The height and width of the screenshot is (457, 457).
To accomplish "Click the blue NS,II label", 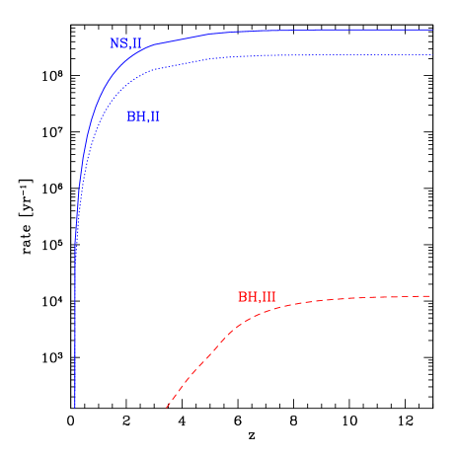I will click(x=125, y=43).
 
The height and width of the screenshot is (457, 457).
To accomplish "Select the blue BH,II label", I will click(x=142, y=116).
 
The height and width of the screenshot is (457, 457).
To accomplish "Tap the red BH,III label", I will click(x=257, y=297).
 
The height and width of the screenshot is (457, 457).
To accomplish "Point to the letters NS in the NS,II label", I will click(x=117, y=43).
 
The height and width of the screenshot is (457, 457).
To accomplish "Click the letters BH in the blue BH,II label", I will click(x=134, y=116).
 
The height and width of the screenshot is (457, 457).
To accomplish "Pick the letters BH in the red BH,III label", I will click(x=247, y=297).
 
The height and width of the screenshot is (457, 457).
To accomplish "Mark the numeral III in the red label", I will click(x=267, y=297).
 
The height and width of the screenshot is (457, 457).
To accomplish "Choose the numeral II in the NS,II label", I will click(x=136, y=43).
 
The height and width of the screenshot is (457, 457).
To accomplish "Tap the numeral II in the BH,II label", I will click(x=154, y=116).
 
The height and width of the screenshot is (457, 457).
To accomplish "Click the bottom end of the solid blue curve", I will click(x=75, y=406).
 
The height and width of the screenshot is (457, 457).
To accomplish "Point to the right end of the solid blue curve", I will click(x=431, y=30).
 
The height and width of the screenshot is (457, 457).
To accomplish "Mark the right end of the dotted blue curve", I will click(x=431, y=54).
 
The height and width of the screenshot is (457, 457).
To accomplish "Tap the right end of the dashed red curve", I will click(x=430, y=296).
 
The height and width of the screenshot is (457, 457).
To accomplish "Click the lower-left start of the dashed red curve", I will click(x=166, y=406).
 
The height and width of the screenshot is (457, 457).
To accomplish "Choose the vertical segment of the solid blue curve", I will click(x=75, y=326).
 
